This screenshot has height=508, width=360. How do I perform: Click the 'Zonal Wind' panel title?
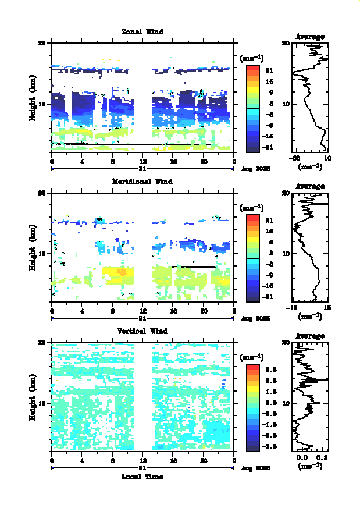pos(142,31)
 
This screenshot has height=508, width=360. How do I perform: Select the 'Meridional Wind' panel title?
pos(142,181)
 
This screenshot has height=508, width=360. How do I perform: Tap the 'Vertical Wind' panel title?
pos(142,331)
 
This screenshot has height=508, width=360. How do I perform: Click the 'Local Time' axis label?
pos(142,477)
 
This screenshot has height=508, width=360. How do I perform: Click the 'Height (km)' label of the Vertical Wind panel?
pos(33,397)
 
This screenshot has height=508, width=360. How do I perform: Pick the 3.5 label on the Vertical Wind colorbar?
pos(270,370)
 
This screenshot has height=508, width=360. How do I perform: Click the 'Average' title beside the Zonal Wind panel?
pos(310,37)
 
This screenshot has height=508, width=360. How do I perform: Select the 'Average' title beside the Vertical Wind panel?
pos(310,336)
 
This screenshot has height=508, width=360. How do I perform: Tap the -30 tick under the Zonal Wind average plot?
pos(295,159)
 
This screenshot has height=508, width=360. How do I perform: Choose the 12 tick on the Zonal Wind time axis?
pos(142,162)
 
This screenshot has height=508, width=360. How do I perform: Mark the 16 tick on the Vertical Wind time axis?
pos(173,461)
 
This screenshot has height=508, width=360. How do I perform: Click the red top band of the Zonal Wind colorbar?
pos(252,68)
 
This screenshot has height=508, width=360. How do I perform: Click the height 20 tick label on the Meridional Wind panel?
pos(42,193)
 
